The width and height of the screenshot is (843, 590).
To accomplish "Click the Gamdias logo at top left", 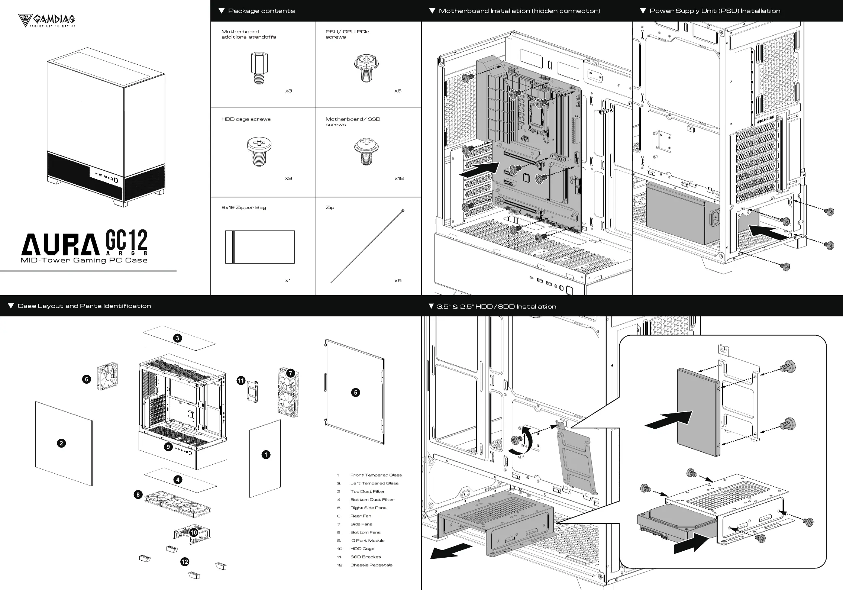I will tap(47, 20).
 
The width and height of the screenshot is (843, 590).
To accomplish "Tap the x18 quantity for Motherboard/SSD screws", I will tap(399, 178).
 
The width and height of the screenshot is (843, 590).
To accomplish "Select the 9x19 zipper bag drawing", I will tap(260, 247).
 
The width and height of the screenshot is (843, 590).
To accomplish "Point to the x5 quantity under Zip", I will tap(398, 280).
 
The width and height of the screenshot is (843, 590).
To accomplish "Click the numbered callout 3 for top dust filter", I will tap(178, 338).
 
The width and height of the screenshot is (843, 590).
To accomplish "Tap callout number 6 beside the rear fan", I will tap(87, 379).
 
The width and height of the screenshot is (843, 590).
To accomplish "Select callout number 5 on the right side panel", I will tap(356, 393).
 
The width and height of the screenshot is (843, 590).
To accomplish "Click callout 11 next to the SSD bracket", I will tap(241, 380).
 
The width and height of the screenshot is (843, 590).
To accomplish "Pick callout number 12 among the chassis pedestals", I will tap(185, 562).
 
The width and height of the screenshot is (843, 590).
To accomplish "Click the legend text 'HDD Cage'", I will tap(362, 549).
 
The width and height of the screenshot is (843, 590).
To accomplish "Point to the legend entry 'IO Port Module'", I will tap(367, 541).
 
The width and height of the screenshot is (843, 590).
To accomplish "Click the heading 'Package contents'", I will tap(261, 11).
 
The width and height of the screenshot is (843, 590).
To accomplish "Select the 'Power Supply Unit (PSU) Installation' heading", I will tap(714, 11).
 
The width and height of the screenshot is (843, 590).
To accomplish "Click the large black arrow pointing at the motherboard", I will tap(479, 170).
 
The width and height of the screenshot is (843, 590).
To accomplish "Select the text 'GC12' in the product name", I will tap(127, 240).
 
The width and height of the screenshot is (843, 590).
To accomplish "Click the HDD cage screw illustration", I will tap(259, 152).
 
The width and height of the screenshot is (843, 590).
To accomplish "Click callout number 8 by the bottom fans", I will tap(138, 494).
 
